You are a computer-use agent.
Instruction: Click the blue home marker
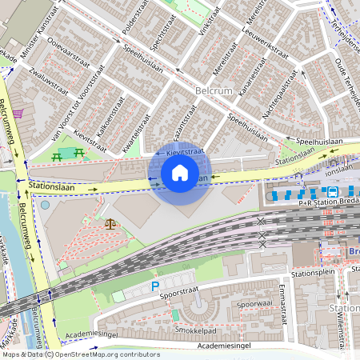[180, 172]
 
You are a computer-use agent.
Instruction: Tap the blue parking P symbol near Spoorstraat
[156, 286]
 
